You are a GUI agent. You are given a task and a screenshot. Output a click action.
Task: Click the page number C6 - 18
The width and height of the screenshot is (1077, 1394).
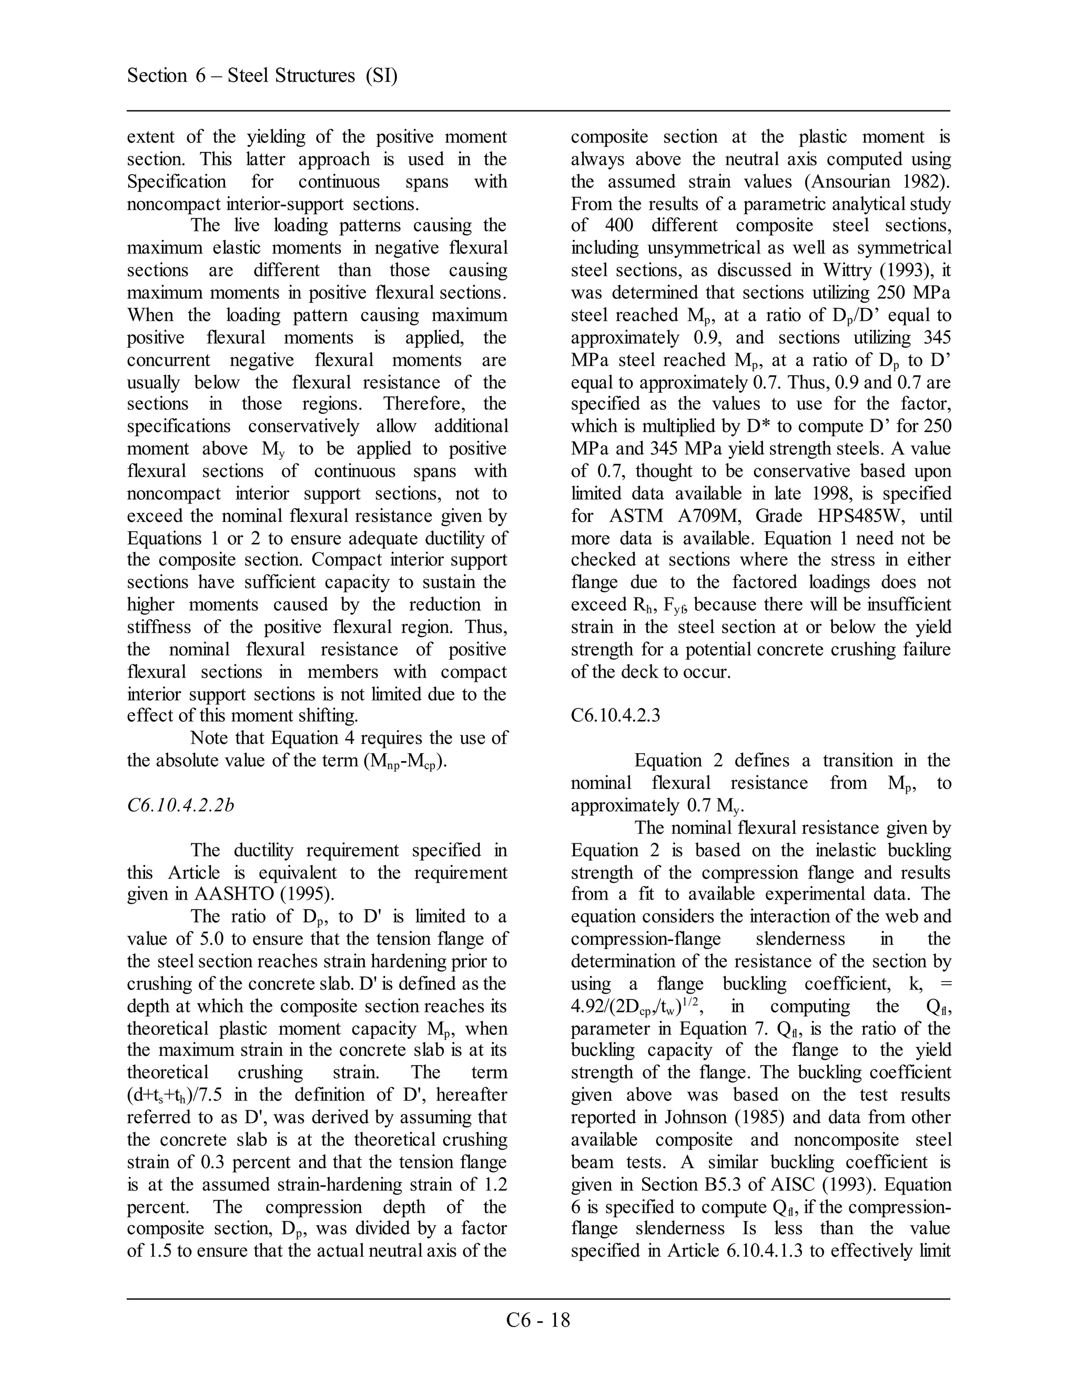tap(538, 1320)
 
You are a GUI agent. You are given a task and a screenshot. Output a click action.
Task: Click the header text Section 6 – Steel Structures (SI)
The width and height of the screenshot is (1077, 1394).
tap(262, 76)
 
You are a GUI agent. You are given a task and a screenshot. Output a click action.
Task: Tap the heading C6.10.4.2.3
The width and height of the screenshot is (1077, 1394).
tap(615, 715)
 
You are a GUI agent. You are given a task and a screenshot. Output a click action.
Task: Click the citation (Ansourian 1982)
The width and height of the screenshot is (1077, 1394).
tap(877, 182)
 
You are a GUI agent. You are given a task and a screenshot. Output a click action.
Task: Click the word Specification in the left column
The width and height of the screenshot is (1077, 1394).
tap(177, 182)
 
